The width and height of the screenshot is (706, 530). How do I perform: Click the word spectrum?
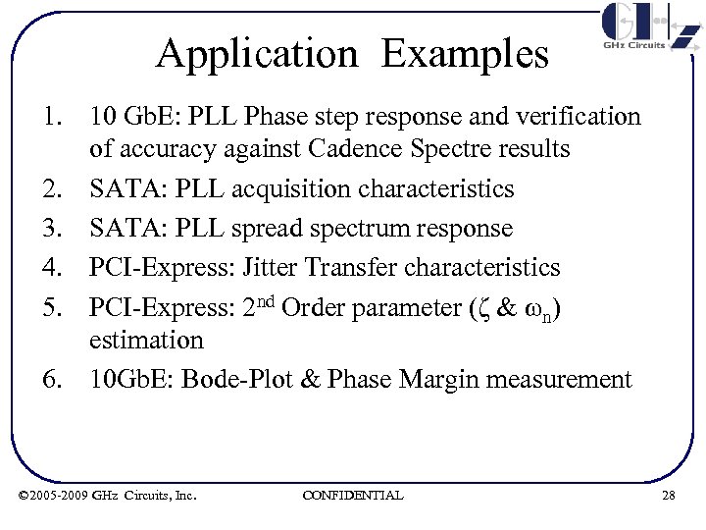[x=361, y=228]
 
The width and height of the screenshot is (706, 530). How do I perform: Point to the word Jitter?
[x=270, y=267]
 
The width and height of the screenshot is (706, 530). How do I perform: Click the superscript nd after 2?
[x=268, y=299]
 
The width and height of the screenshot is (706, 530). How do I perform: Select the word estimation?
[x=146, y=341]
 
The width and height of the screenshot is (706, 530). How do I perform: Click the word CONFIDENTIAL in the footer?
[x=353, y=495]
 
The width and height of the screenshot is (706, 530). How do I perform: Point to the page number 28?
[x=668, y=495]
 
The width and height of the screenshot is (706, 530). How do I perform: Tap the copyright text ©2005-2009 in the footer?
[x=53, y=495]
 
